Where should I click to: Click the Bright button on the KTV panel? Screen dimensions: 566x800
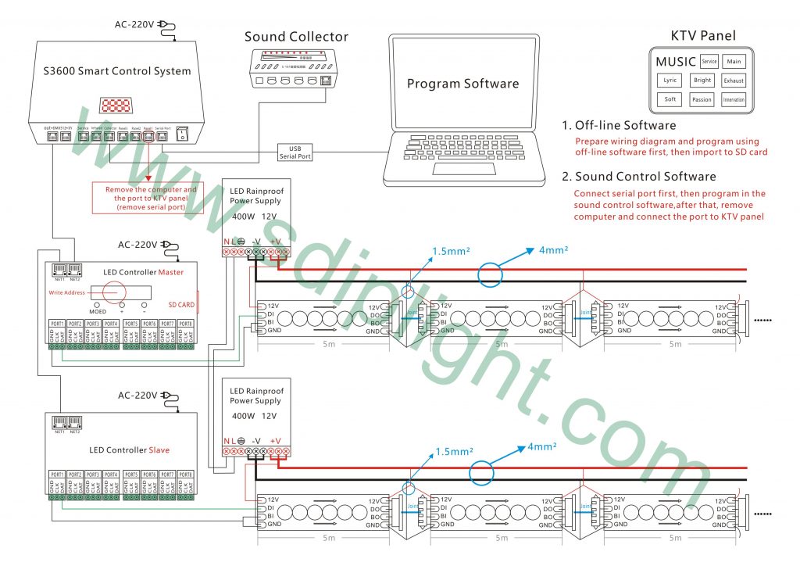[x=702, y=81]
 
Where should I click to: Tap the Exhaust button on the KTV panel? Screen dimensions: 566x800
[x=734, y=81]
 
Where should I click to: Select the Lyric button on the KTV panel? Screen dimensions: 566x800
[x=670, y=81]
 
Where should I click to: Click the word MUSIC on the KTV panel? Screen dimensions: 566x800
[x=676, y=62]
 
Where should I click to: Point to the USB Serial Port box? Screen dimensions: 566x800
[x=295, y=152]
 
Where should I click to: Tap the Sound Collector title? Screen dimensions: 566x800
[x=296, y=37]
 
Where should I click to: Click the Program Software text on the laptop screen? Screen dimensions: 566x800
[x=462, y=84]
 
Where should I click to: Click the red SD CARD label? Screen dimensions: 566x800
[x=181, y=304]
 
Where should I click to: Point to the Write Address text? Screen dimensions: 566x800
[x=68, y=292]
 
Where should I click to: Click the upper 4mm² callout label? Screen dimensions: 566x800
[x=553, y=250]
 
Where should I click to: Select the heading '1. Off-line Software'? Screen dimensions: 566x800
[x=619, y=125]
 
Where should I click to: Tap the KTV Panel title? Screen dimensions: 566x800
[x=702, y=35]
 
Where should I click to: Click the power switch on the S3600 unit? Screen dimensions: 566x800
[x=183, y=134]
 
